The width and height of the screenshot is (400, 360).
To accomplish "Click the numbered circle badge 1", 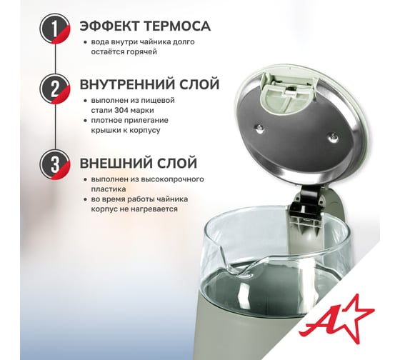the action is [x=54, y=29].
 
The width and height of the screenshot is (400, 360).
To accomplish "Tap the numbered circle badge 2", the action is [x=54, y=89].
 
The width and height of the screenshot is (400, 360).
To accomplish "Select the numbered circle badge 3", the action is [x=54, y=164].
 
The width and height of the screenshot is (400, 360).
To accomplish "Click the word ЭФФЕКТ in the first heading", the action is [x=110, y=26].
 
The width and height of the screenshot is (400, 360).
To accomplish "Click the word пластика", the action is [x=109, y=189].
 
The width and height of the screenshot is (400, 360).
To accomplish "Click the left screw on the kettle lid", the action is [x=260, y=128].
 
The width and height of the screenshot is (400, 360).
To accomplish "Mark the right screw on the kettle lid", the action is [x=333, y=138].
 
